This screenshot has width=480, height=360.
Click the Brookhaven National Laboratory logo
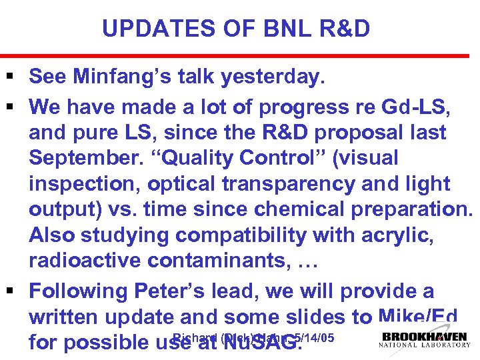(424, 340)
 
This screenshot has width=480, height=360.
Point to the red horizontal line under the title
(240, 56)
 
